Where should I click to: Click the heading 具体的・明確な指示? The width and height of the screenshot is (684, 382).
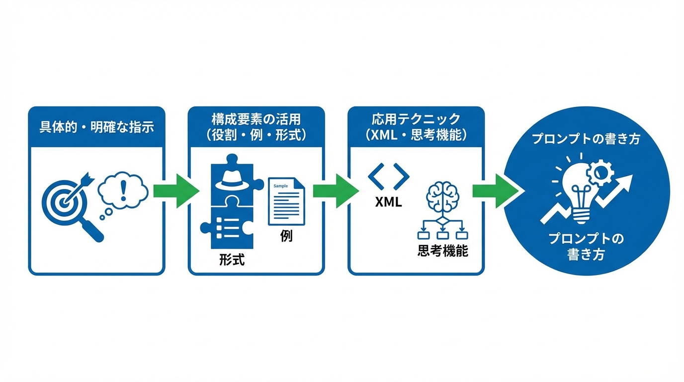[x=96, y=127]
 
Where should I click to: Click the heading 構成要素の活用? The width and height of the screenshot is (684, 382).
[x=256, y=120]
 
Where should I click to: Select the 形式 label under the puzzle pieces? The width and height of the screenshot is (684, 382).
[x=232, y=259]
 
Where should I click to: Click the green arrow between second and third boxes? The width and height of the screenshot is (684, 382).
[x=335, y=191]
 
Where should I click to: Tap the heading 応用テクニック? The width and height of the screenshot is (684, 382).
[x=416, y=120]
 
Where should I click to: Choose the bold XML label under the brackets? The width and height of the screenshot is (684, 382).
[x=388, y=203]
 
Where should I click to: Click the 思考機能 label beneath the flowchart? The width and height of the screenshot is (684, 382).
[x=442, y=251]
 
